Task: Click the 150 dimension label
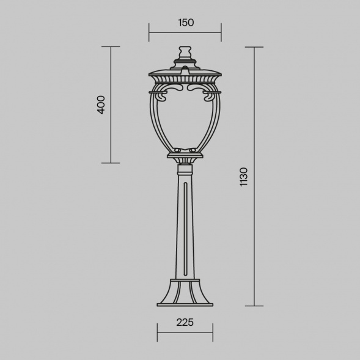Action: tap(186, 23)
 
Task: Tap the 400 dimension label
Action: tap(101, 105)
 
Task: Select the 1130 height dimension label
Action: tap(244, 177)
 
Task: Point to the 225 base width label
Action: tap(185, 322)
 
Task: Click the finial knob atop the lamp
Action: tap(185, 53)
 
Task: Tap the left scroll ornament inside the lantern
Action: tap(171, 91)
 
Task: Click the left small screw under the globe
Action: tap(177, 150)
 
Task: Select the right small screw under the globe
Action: tap(193, 150)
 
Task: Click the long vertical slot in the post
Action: tap(186, 229)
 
